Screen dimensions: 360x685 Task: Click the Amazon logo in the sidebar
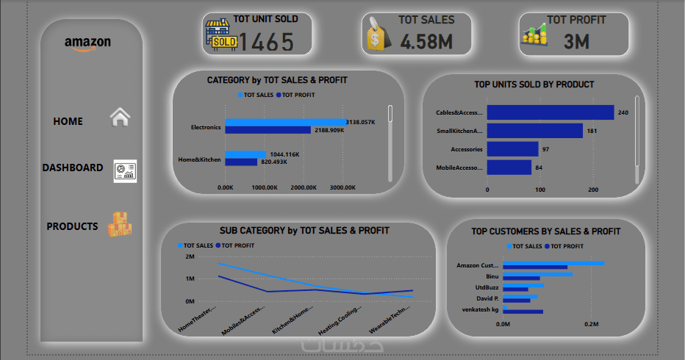click(87, 43)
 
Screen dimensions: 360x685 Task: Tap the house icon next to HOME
click(120, 118)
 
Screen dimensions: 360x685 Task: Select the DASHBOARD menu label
click(73, 168)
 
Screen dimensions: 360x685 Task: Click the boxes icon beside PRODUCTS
click(120, 225)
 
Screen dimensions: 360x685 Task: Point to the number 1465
click(265, 43)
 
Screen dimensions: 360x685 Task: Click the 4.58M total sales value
click(427, 42)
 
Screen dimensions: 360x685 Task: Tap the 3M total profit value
click(577, 42)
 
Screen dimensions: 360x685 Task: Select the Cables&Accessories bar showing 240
click(550, 112)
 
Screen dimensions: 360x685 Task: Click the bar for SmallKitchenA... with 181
click(534, 131)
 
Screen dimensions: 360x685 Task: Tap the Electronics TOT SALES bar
click(285, 122)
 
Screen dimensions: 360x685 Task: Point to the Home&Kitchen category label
click(199, 159)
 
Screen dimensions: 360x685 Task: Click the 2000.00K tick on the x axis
click(303, 188)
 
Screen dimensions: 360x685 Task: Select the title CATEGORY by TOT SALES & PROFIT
click(277, 80)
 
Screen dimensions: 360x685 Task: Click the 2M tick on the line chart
click(190, 256)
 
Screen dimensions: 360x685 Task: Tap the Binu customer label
click(492, 276)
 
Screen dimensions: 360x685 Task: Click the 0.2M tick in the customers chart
click(592, 323)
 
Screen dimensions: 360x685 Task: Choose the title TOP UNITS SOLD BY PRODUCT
click(534, 84)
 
